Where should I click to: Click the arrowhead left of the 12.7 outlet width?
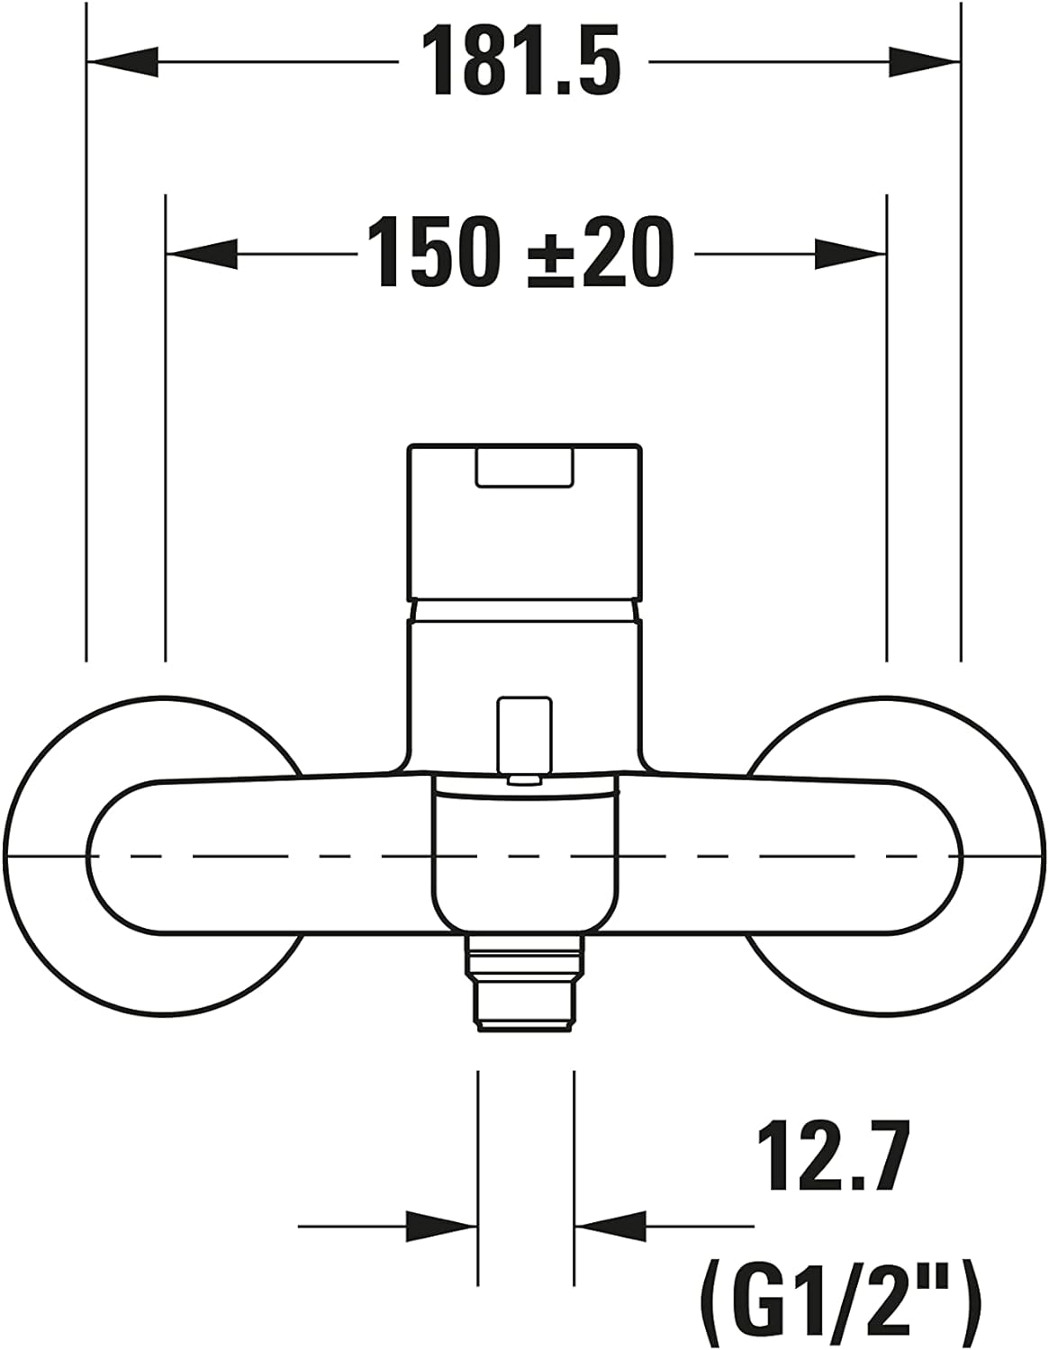point(441,1225)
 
